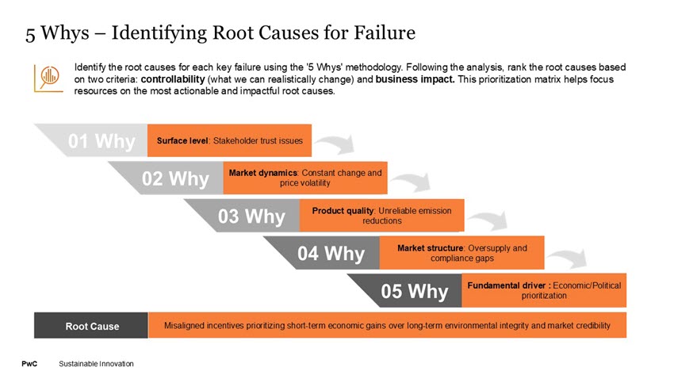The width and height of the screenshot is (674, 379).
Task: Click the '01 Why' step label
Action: (101, 141)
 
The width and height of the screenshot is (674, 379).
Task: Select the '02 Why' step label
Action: (175, 178)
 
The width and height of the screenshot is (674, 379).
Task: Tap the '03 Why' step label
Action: (251, 216)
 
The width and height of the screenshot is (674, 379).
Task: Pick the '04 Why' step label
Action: (331, 254)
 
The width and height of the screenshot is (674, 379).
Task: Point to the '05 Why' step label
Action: (414, 291)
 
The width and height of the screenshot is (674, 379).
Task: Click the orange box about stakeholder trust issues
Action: (230, 140)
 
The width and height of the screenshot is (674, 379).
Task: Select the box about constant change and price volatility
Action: (305, 178)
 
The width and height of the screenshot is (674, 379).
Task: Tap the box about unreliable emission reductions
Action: (381, 215)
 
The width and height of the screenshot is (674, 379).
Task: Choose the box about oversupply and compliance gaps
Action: (461, 253)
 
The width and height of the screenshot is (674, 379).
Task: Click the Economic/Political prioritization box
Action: (544, 290)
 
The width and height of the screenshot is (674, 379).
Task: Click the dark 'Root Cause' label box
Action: (91, 325)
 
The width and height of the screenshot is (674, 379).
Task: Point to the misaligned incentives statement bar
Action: (387, 325)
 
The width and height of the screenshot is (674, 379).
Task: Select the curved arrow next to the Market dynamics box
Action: (412, 182)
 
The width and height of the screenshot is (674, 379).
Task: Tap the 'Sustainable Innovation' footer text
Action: (96, 363)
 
